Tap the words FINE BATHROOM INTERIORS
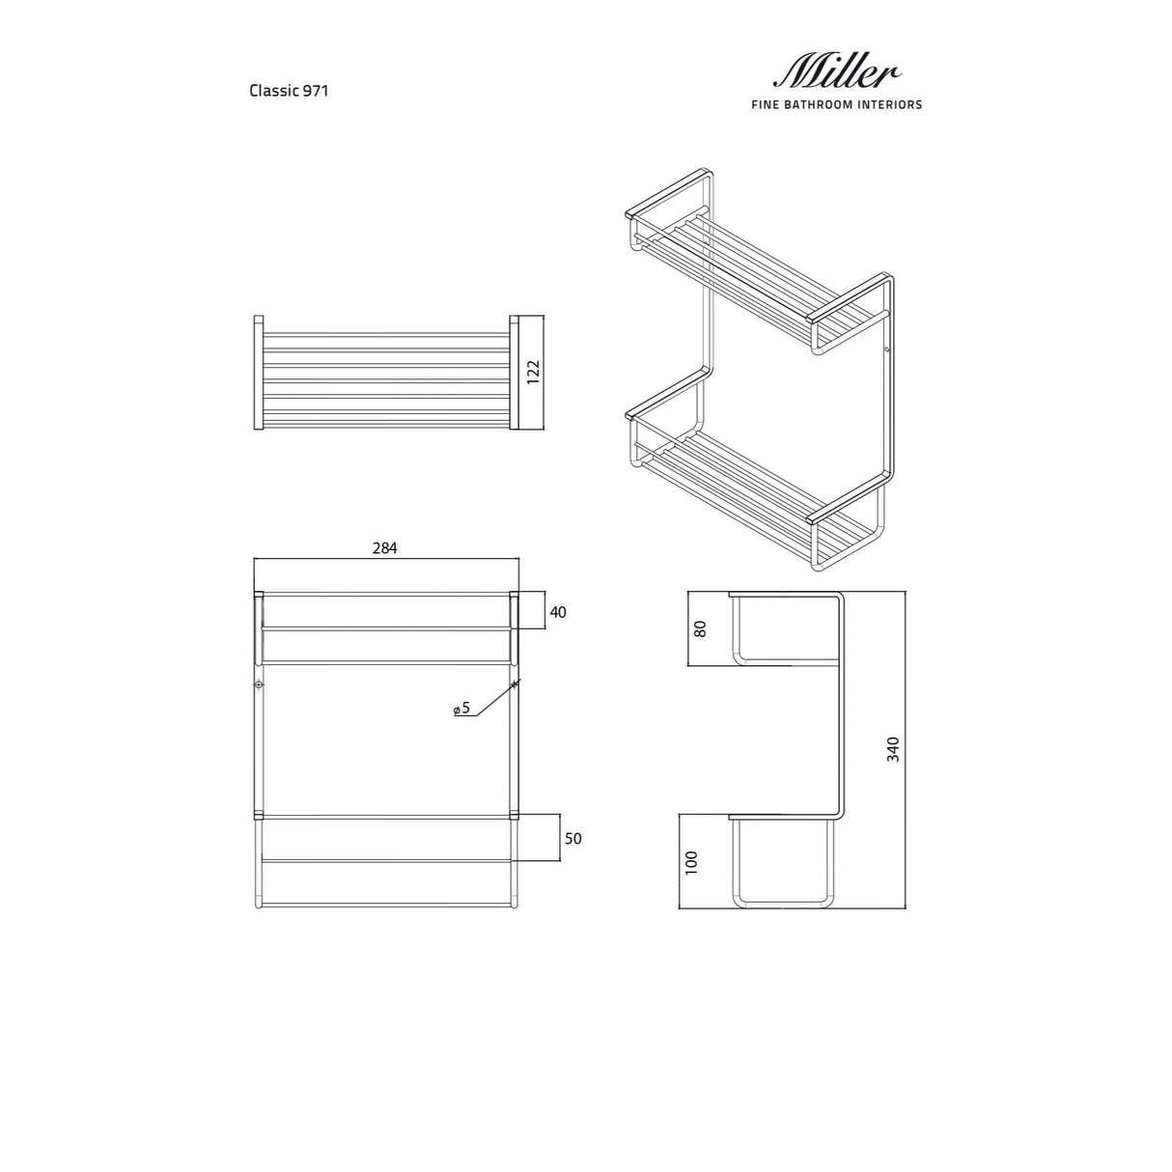pyautogui.click(x=836, y=104)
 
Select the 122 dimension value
pyautogui.click(x=532, y=372)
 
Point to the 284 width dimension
pyautogui.click(x=384, y=547)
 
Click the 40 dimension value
pyautogui.click(x=558, y=611)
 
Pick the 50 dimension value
pyautogui.click(x=572, y=838)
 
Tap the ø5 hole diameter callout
pyautogui.click(x=461, y=709)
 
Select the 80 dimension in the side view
pyautogui.click(x=701, y=628)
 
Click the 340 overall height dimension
pyautogui.click(x=893, y=749)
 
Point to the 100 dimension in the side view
pyautogui.click(x=689, y=862)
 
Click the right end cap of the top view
pyautogui.click(x=514, y=372)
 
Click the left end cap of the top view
pyautogui.click(x=258, y=372)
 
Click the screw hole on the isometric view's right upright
pyautogui.click(x=888, y=349)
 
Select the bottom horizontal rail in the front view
pyautogui.click(x=386, y=904)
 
